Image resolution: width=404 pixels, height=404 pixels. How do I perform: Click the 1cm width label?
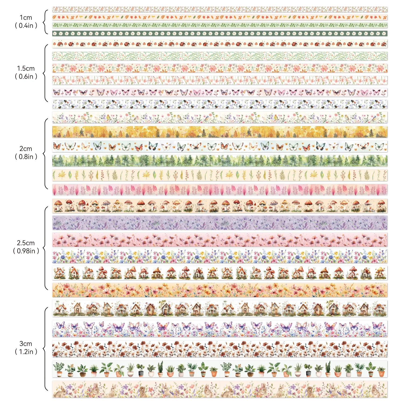point(26,18)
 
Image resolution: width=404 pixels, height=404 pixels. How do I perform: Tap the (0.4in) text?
point(26,26)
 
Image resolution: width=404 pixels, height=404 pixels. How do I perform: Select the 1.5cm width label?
point(26,68)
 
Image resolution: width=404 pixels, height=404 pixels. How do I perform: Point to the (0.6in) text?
point(26,76)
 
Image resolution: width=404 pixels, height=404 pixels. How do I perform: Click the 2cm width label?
point(26,149)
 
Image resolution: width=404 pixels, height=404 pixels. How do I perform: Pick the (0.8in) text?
point(26,157)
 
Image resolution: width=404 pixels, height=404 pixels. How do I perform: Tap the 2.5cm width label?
point(26,243)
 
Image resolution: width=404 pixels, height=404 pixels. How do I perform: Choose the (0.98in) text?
point(26,251)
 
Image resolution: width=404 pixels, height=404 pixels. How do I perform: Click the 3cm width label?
point(26,344)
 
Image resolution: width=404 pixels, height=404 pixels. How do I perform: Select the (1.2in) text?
point(26,352)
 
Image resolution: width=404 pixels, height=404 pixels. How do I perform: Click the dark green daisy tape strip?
point(220,34)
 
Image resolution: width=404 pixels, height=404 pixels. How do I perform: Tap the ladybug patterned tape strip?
point(220,44)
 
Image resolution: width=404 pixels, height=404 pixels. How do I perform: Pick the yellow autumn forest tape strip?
point(220,132)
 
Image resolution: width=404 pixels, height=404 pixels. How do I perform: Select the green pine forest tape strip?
point(220,161)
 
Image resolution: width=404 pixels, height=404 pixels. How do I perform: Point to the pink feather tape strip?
point(220,190)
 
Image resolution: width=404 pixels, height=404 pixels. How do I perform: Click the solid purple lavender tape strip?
point(220,223)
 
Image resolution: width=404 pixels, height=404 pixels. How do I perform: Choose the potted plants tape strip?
point(220,369)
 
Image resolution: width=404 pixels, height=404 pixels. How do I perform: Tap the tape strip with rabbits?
point(220,389)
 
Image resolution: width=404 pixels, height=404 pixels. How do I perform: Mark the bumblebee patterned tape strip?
point(220,104)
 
